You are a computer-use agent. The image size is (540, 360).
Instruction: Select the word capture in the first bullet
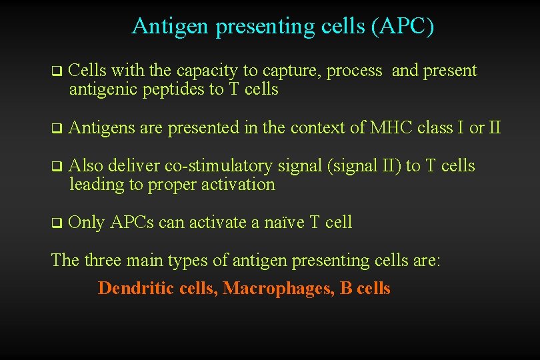tap(289, 71)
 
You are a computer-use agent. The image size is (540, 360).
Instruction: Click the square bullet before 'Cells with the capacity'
tap(56, 71)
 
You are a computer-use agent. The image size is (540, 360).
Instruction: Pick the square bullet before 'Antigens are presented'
tap(56, 128)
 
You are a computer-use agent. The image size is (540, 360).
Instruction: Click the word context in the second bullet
tap(316, 127)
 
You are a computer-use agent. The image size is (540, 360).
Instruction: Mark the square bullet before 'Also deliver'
tap(56, 166)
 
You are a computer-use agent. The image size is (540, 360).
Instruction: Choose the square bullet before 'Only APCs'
tap(56, 223)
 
